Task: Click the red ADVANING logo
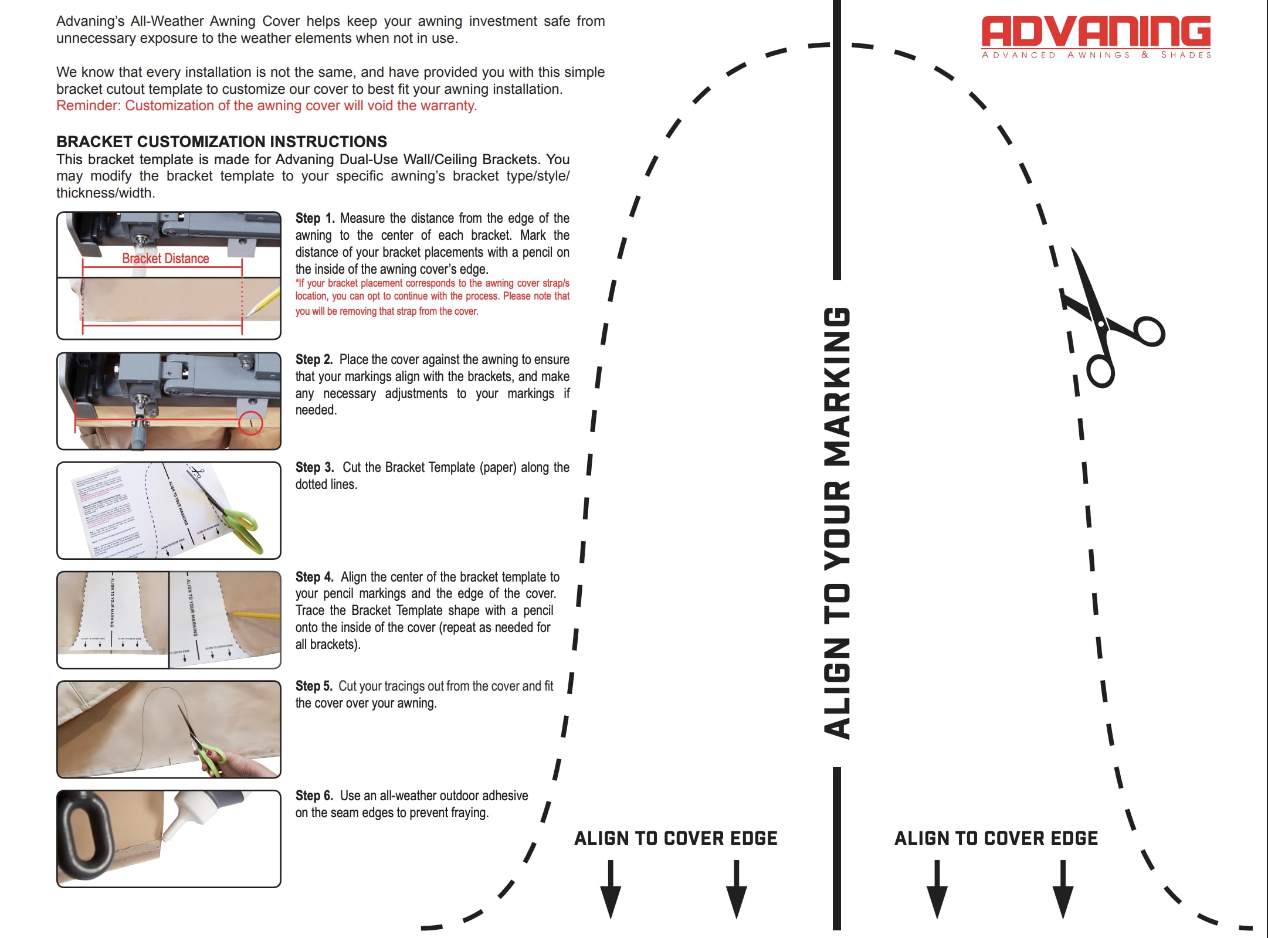[1096, 32]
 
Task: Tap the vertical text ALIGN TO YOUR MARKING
[837, 522]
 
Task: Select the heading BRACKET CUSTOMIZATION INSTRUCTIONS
[222, 142]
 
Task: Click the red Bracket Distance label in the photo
[165, 259]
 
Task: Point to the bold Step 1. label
[315, 218]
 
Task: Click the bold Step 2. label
[314, 359]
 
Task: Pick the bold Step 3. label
[314, 467]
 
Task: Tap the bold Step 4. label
[314, 577]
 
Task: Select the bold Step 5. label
[314, 686]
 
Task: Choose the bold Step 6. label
[314, 796]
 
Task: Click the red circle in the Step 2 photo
[250, 423]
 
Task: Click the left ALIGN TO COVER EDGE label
[676, 838]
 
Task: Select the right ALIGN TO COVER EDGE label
[996, 838]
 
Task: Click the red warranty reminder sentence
[267, 106]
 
